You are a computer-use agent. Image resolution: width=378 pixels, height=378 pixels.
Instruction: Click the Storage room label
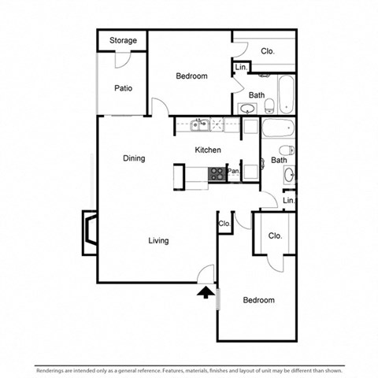(x=123, y=40)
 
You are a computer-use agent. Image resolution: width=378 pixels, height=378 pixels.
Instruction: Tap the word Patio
(x=122, y=88)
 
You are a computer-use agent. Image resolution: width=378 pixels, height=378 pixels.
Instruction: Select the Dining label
(x=134, y=158)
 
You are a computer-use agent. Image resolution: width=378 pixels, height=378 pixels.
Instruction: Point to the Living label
(x=159, y=240)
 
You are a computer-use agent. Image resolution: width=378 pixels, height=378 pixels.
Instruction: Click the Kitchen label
(x=208, y=150)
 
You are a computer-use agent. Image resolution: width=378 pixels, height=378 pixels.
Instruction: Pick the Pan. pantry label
(x=233, y=171)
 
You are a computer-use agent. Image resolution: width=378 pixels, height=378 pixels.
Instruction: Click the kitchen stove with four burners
(x=217, y=173)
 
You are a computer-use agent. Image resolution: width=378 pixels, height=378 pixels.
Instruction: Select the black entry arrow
(x=205, y=294)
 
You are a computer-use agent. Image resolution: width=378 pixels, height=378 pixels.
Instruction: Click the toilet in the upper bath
(x=269, y=106)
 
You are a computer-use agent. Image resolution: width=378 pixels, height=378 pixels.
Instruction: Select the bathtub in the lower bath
(x=277, y=128)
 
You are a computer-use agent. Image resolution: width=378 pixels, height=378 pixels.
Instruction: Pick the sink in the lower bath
(x=288, y=174)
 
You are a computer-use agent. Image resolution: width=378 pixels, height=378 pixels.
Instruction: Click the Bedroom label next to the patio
(x=191, y=76)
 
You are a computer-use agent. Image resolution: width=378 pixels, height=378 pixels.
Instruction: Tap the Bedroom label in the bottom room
(x=258, y=300)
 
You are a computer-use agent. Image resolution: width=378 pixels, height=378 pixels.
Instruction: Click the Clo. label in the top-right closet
(x=268, y=51)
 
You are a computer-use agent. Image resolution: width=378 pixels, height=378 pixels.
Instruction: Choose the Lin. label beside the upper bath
(x=241, y=69)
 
